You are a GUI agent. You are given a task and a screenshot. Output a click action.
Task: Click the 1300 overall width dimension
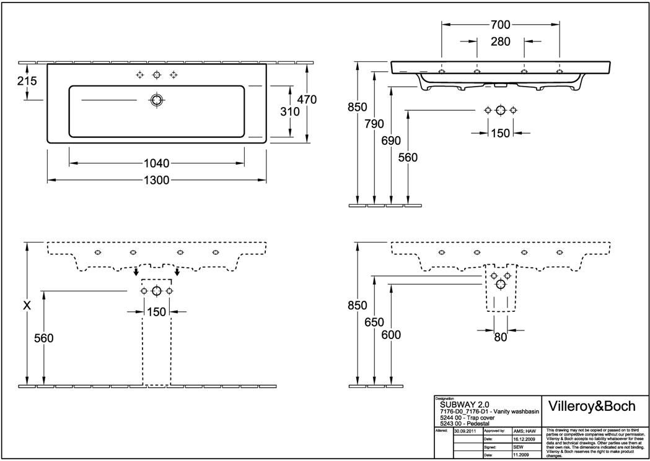pos(158,180)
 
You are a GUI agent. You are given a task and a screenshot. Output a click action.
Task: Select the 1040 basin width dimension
pos(156,163)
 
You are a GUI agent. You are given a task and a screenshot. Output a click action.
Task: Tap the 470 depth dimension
pos(307,99)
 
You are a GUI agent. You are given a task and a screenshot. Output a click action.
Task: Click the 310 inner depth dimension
pos(289,112)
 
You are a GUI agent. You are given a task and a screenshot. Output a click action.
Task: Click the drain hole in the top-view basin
pos(156,100)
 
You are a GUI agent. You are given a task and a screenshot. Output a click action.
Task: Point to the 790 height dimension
pos(374,123)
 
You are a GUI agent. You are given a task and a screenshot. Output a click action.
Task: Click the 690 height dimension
pos(391,140)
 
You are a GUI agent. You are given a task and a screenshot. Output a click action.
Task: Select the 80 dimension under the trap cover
pos(501,337)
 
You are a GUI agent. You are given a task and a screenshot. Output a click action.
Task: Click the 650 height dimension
pos(374,322)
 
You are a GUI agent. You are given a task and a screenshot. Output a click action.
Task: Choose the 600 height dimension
pos(391,335)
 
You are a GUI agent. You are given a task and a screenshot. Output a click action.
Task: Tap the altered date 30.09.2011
pos(465,430)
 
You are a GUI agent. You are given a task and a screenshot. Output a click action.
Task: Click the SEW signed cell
pos(519,446)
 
